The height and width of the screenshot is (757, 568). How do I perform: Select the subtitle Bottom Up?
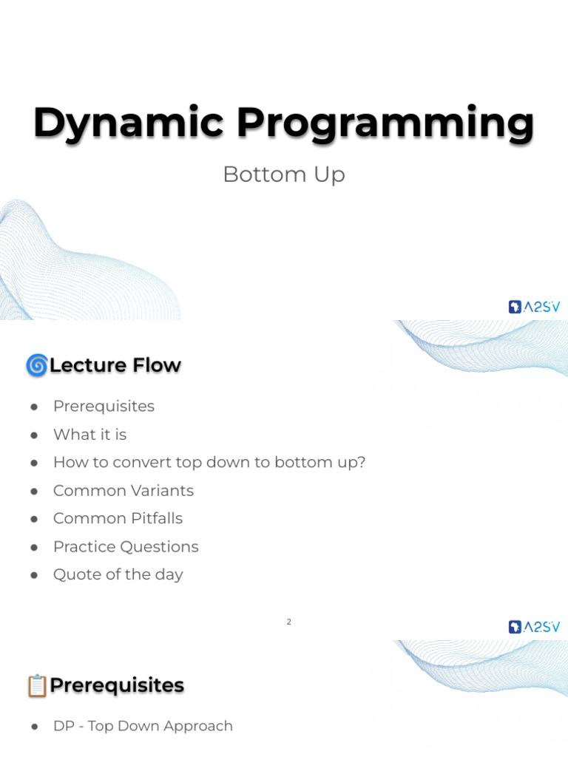point(284,174)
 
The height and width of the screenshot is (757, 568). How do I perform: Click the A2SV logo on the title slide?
point(534,307)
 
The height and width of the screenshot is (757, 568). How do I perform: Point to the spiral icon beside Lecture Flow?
point(36,365)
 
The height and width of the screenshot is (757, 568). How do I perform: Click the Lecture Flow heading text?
point(115,365)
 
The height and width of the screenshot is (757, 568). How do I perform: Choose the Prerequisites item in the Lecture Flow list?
point(104,406)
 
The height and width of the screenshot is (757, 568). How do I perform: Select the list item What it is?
point(89,434)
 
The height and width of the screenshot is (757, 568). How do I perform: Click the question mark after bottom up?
point(362,462)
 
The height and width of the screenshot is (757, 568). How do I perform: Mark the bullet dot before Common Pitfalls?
point(34,519)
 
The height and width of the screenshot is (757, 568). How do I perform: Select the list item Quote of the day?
point(118,574)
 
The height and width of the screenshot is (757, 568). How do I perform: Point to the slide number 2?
point(289,622)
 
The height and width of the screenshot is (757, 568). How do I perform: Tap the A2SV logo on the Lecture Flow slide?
point(534,627)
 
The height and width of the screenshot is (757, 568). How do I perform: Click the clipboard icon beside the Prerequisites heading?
point(36,685)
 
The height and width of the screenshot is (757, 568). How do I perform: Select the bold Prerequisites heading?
point(117,685)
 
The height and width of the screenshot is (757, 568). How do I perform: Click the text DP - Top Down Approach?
point(143,726)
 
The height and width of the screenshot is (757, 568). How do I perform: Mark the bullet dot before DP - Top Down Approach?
point(34,727)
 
